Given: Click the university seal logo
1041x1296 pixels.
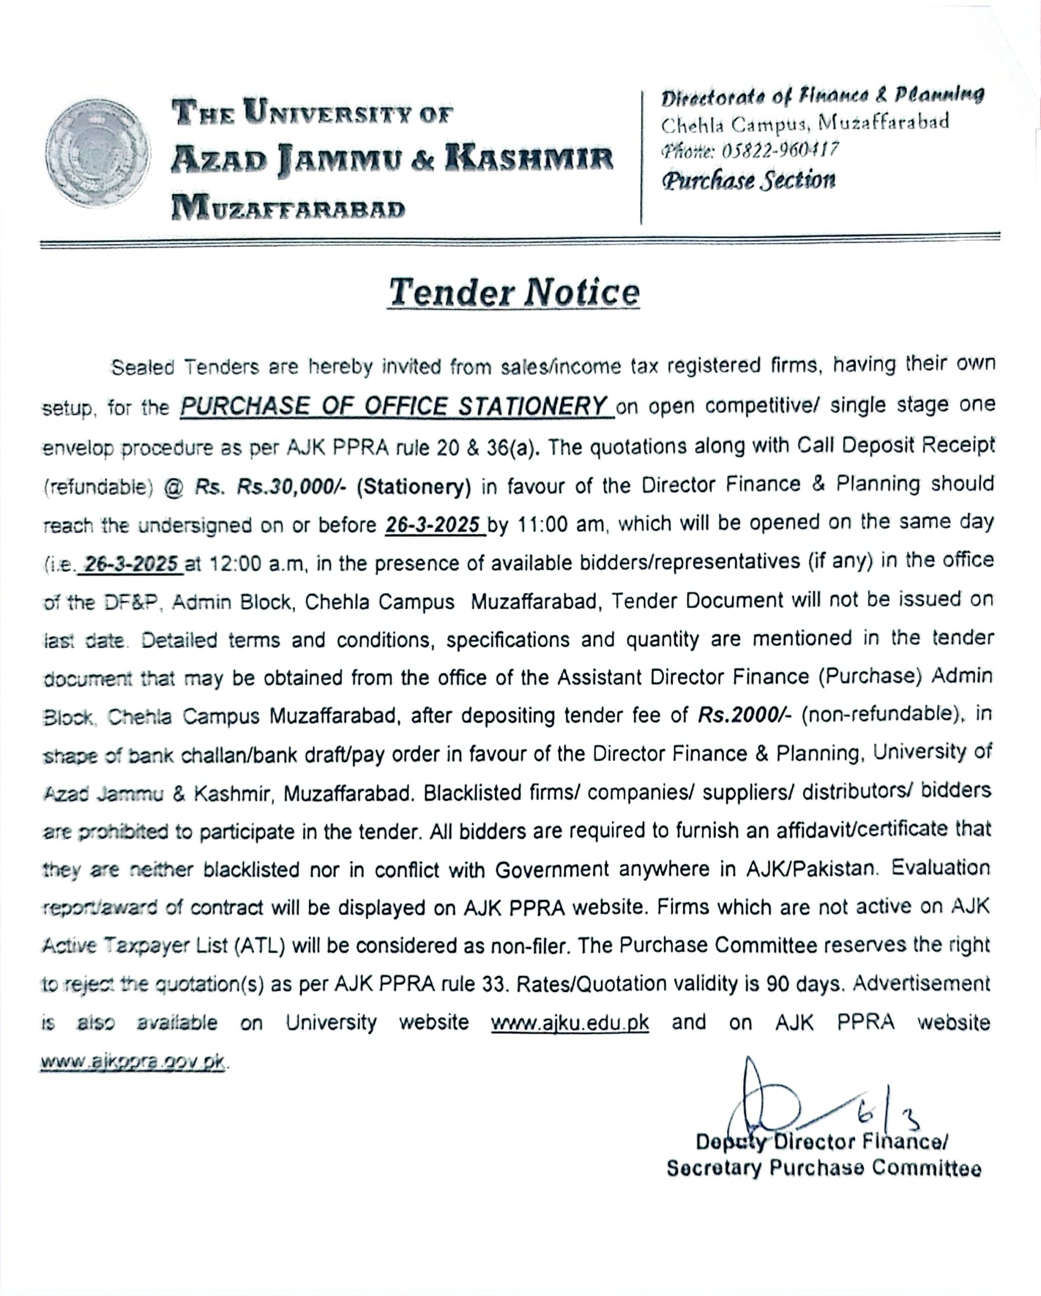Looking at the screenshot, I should tap(98, 154).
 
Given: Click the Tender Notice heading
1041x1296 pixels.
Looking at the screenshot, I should tap(514, 293).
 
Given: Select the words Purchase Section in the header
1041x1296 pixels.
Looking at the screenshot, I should tap(748, 180).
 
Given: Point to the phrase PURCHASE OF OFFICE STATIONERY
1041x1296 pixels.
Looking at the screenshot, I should tap(394, 407).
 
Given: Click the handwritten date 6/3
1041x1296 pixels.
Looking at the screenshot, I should tap(890, 1116).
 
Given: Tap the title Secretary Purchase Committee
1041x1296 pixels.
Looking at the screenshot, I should tap(823, 1168).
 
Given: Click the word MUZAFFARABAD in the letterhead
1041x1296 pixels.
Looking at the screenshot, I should tap(288, 208).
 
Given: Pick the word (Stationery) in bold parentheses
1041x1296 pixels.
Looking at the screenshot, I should tap(414, 487).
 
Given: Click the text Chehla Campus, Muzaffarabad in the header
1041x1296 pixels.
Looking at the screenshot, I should tap(805, 123).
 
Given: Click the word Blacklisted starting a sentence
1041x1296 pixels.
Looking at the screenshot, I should tap(473, 792).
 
